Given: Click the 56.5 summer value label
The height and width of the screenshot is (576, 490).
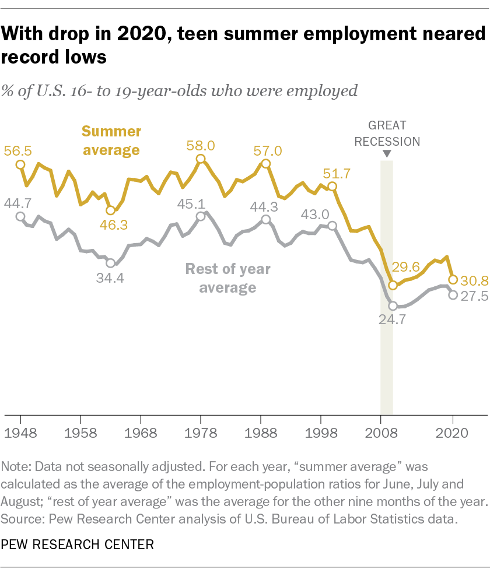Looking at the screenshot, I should (17, 150).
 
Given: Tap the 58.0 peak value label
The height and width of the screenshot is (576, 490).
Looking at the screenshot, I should (200, 145).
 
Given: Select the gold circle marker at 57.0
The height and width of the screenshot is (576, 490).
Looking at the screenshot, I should (266, 164).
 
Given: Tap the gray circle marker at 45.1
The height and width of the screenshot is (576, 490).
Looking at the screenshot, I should (200, 216).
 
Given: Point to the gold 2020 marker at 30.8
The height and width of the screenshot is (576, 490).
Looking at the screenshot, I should (453, 279).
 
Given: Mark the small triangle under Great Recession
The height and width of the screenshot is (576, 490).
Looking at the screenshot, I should (386, 154).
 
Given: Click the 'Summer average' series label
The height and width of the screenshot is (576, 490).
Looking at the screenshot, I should (111, 141).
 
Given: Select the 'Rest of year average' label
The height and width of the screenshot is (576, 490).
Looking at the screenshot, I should (228, 278).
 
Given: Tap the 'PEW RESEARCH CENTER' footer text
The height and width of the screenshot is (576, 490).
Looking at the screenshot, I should (78, 545).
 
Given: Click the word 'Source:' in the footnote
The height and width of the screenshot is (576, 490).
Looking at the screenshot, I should (21, 516).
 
